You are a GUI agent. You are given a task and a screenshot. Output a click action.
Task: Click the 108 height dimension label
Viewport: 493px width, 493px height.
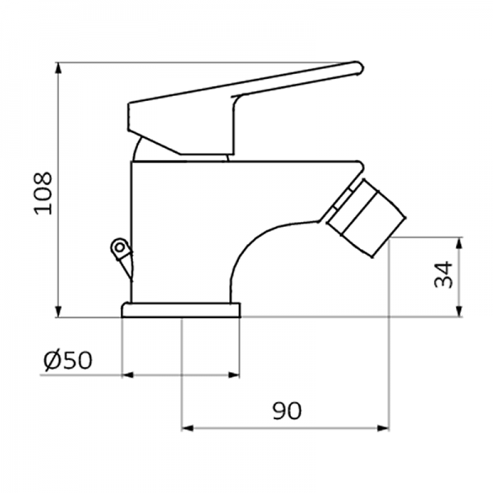(x=43, y=192)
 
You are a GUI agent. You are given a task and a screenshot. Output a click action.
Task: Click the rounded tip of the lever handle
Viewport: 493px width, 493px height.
(x=357, y=67)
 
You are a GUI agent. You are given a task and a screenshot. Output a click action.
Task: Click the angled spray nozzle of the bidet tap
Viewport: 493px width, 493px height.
(x=365, y=214)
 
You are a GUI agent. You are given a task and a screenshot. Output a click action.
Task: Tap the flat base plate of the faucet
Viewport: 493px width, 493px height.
(x=181, y=310)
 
